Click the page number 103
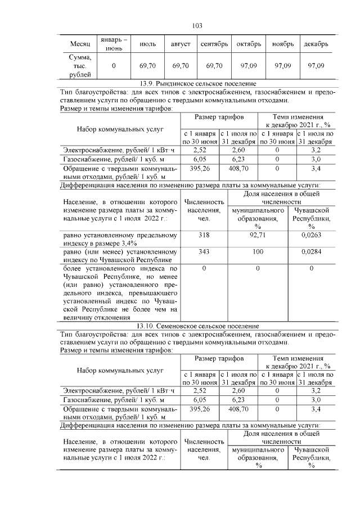[x=197, y=26]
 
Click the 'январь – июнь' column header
[x=114, y=44]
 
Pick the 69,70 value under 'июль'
[x=147, y=66]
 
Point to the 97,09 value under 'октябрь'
[x=247, y=66]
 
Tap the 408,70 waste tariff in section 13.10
[x=238, y=409]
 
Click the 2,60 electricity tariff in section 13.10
[x=238, y=390]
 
